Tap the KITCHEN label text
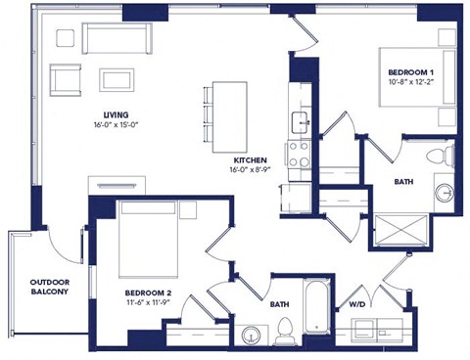(251, 160)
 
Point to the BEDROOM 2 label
(150, 292)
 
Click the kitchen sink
(299, 121)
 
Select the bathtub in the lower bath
(316, 310)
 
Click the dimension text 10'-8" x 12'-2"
(410, 85)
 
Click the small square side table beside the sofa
(67, 37)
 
